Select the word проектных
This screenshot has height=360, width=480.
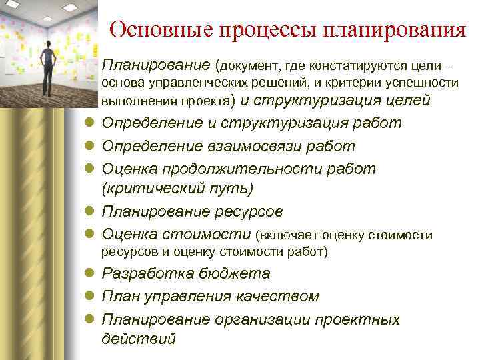pyautogui.click(x=359, y=319)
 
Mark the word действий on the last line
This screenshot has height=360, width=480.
pyautogui.click(x=139, y=339)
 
